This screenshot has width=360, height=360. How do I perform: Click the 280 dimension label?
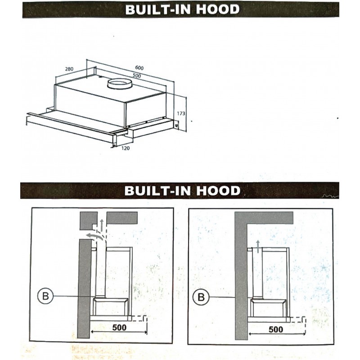(x=69, y=69)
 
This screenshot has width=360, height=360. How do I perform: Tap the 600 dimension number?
(x=139, y=68)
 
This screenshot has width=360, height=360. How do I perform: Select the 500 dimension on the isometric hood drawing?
(x=137, y=76)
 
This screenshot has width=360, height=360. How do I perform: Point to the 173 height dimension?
(x=181, y=113)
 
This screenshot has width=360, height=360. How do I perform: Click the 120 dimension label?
(x=126, y=148)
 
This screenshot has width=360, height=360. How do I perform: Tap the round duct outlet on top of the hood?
(x=119, y=84)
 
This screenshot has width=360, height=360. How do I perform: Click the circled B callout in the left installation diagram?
(x=45, y=296)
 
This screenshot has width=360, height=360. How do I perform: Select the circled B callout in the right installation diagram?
(x=201, y=297)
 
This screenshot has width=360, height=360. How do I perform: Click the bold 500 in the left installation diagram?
(x=119, y=328)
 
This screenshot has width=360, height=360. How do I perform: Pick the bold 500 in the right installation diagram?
(x=276, y=329)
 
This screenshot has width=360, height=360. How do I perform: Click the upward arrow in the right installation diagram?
(x=258, y=246)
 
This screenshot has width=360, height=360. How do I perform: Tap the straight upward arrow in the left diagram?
(x=102, y=225)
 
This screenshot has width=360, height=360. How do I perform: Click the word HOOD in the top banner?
(x=218, y=9)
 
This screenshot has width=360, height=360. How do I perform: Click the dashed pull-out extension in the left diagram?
(x=139, y=319)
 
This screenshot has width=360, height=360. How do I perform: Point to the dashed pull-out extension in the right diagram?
(x=298, y=320)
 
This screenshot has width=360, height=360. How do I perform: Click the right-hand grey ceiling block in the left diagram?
(x=122, y=218)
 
